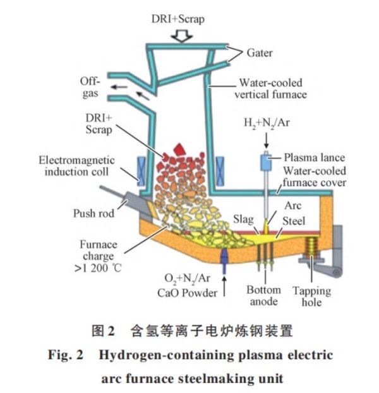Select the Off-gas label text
point(88,87)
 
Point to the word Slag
point(243,219)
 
